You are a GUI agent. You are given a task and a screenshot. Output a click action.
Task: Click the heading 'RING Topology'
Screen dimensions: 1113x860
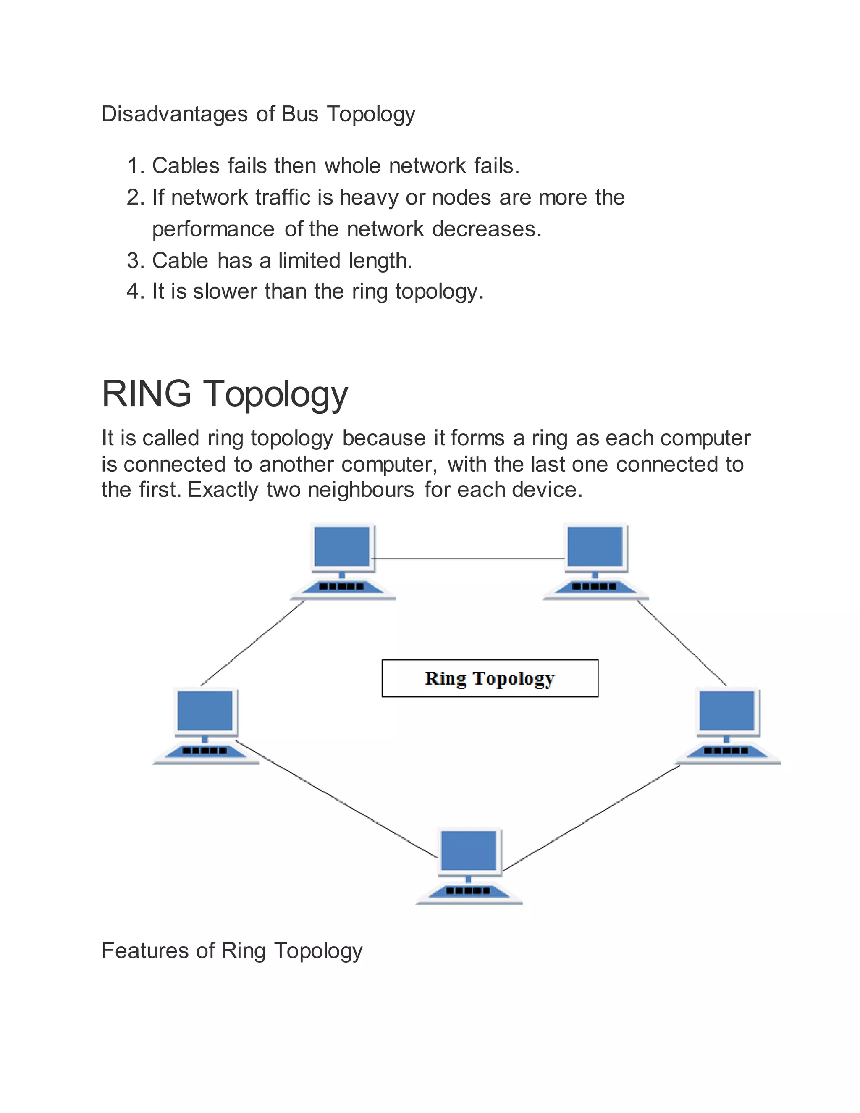pyautogui.click(x=225, y=394)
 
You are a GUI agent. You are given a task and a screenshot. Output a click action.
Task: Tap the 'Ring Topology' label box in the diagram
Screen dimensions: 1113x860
pyautogui.click(x=490, y=678)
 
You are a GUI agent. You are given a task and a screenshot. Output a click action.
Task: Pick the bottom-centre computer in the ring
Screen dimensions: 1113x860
pyautogui.click(x=469, y=866)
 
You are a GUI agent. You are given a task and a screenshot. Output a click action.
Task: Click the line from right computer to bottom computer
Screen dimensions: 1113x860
pyautogui.click(x=591, y=817)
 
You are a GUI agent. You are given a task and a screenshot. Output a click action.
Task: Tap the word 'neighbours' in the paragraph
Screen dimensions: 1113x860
pyautogui.click(x=361, y=490)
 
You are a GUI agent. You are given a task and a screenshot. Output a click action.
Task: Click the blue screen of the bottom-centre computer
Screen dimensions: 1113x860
pyautogui.click(x=468, y=850)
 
